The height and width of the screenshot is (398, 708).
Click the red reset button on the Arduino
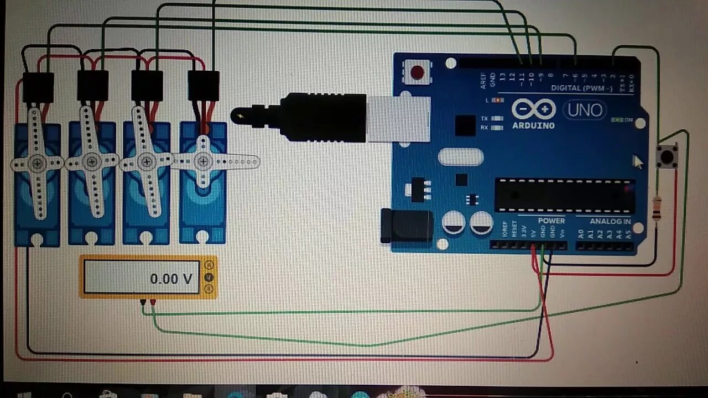pyautogui.click(x=417, y=72)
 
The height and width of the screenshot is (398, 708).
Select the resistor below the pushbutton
pyautogui.click(x=657, y=209)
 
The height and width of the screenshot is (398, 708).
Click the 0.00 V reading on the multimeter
pyautogui.click(x=171, y=279)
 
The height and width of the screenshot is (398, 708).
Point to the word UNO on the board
pyautogui.click(x=585, y=110)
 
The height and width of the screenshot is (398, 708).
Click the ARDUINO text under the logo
pyautogui.click(x=533, y=125)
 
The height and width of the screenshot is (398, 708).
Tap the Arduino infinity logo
pyautogui.click(x=533, y=109)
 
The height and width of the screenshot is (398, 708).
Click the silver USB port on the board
pyautogui.click(x=398, y=118)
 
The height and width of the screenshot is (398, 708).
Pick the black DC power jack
pyautogui.click(x=407, y=226)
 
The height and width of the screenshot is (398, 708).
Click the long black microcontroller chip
pyautogui.click(x=564, y=195)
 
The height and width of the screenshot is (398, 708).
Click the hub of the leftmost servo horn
pyautogui.click(x=38, y=163)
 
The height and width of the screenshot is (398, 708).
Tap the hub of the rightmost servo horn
pyautogui.click(x=204, y=161)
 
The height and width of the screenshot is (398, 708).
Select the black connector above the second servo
pyautogui.click(x=93, y=86)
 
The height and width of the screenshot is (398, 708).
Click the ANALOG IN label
pyautogui.click(x=610, y=222)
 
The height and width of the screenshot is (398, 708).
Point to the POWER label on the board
pyautogui.click(x=551, y=221)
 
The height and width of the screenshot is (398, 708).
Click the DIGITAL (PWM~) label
pyautogui.click(x=582, y=88)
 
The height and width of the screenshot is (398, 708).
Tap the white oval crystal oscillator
pyautogui.click(x=461, y=157)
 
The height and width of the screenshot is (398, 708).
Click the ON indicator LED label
pyautogui.click(x=628, y=120)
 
